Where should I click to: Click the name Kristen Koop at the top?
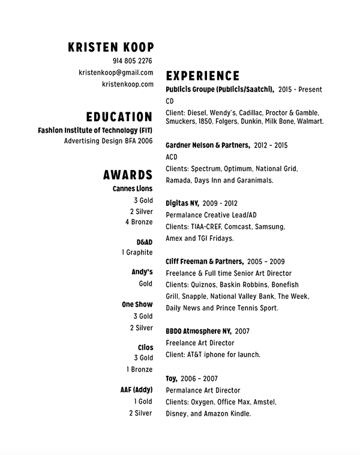pyautogui.click(x=111, y=47)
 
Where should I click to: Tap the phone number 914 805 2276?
pyautogui.click(x=132, y=61)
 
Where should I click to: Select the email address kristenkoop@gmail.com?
pyautogui.click(x=116, y=73)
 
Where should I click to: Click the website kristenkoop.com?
pyautogui.click(x=127, y=84)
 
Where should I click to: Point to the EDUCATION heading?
pyautogui.click(x=119, y=116)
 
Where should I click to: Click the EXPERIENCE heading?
pyautogui.click(x=202, y=76)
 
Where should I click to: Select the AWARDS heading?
pyautogui.click(x=127, y=175)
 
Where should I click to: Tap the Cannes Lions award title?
pyautogui.click(x=133, y=189)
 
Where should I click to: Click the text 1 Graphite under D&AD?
pyautogui.click(x=137, y=253)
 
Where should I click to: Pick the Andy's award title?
pyautogui.click(x=142, y=273)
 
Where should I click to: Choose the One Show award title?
pyautogui.click(x=137, y=305)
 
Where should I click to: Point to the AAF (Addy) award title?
pyautogui.click(x=136, y=390)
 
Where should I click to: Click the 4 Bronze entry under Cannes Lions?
pyautogui.click(x=139, y=222)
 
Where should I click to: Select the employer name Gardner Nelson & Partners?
pyautogui.click(x=207, y=145)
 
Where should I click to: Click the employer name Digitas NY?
pyautogui.click(x=182, y=203)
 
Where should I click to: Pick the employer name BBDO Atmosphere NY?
pyautogui.click(x=198, y=331)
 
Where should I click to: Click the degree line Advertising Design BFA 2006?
pyautogui.click(x=108, y=141)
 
